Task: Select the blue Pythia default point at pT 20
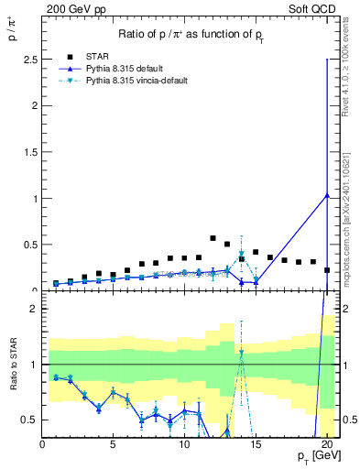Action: click(327, 195)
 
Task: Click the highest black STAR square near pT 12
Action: click(213, 238)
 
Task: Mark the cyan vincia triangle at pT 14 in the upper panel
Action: click(241, 254)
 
